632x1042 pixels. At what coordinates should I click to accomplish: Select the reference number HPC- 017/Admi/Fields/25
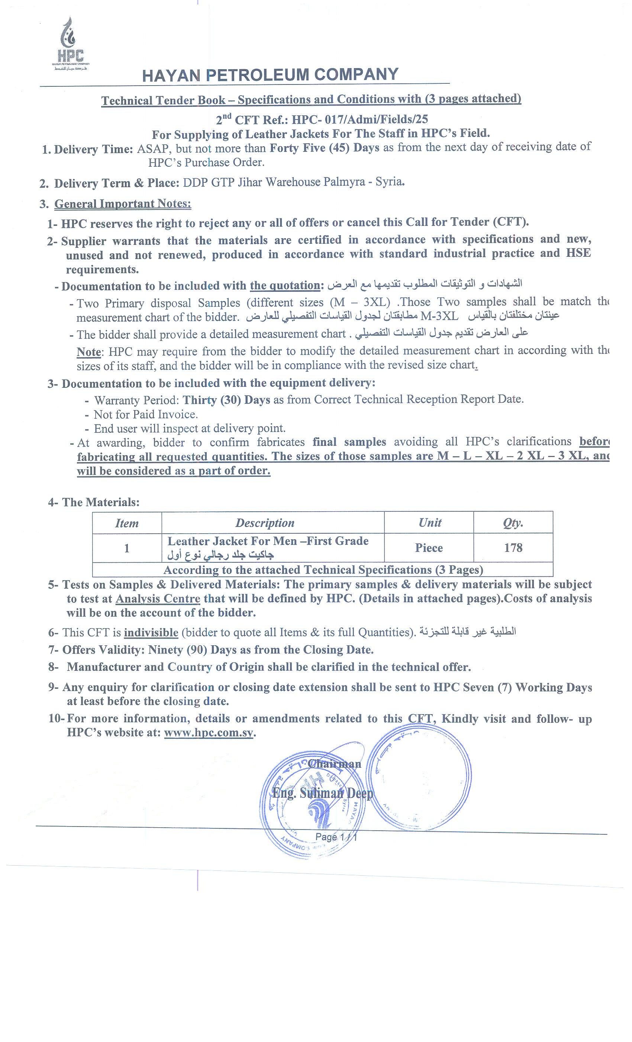tap(359, 120)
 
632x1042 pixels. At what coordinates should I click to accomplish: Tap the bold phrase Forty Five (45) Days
tap(324, 148)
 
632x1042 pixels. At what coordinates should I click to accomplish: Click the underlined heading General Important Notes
tap(123, 204)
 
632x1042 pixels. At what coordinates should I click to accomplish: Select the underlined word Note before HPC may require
tap(89, 352)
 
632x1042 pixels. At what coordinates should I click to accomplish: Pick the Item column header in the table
tap(127, 523)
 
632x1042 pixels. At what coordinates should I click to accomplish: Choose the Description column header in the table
tap(265, 523)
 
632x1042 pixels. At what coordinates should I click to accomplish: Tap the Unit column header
tap(430, 523)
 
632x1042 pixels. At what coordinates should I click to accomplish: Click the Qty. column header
tap(513, 523)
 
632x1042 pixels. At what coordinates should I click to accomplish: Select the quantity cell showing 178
tap(513, 548)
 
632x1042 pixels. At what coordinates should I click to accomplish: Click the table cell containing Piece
tap(429, 548)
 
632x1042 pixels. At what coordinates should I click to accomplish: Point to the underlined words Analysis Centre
tap(158, 599)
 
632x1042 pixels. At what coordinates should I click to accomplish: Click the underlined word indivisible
tap(151, 633)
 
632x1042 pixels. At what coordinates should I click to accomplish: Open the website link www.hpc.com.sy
tap(209, 732)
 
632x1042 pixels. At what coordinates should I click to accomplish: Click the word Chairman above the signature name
tap(334, 764)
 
